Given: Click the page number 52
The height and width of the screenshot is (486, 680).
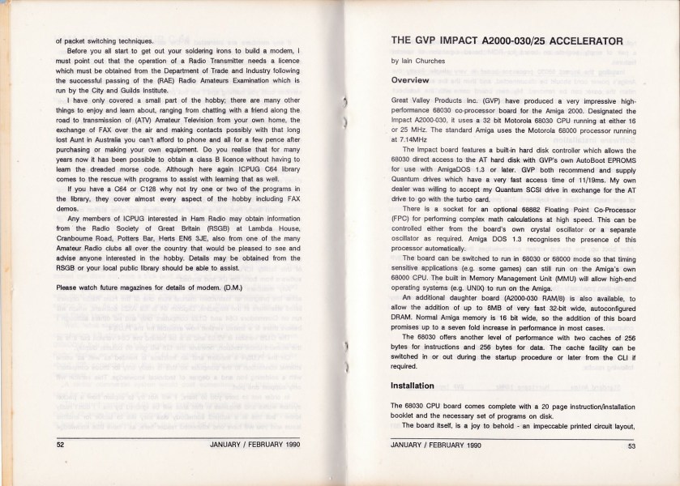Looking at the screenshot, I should (60, 445).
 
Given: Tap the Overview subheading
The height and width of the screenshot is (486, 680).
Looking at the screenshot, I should (416, 82).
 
